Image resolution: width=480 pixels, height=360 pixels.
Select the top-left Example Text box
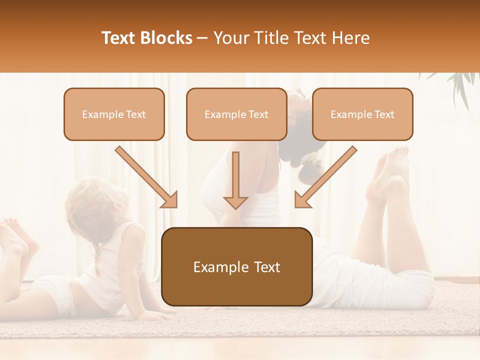click(114, 114)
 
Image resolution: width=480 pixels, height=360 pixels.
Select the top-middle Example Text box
click(236, 114)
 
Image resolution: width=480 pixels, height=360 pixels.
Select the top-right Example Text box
click(362, 114)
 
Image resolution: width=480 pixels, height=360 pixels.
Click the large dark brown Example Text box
click(236, 266)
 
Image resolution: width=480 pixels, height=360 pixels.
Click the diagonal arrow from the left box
click(147, 177)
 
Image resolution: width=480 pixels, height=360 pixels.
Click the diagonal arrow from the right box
click(325, 177)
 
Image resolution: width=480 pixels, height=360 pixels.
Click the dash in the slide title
click(202, 38)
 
